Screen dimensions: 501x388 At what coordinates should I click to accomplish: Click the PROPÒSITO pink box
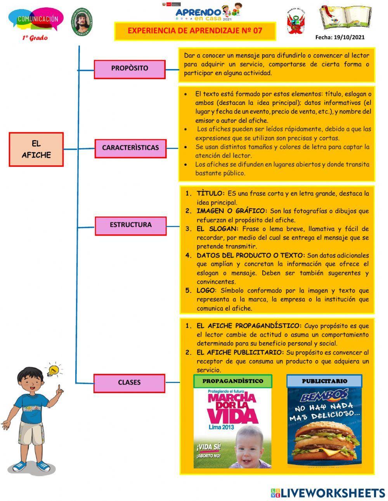pos(130,68)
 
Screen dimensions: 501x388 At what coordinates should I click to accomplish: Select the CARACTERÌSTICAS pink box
pos(130,147)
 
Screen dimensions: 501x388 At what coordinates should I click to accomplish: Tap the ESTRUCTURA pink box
pos(130,225)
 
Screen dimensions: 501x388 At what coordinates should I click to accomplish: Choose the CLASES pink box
pos(129,382)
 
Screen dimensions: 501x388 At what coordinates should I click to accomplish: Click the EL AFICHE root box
pos(36,149)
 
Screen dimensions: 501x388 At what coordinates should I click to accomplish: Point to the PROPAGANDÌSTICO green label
pos(232,381)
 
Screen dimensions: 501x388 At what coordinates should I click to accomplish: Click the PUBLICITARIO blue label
pos(324,381)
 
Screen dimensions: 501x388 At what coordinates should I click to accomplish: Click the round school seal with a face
pos(81,22)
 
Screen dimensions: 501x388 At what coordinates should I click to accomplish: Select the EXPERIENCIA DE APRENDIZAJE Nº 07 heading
pos(195,31)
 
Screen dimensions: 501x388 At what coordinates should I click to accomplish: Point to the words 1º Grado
pos(35,38)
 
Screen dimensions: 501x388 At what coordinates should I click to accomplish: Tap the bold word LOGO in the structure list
pos(205,291)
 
